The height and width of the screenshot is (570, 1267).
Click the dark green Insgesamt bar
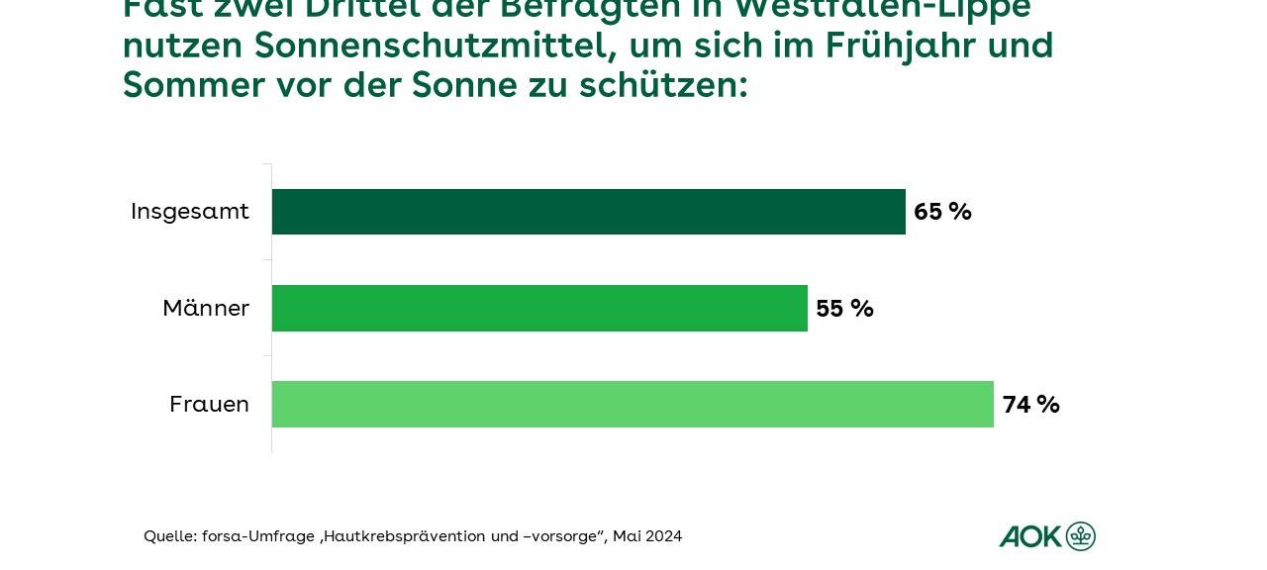pyautogui.click(x=588, y=212)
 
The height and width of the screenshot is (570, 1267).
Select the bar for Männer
pyautogui.click(x=539, y=308)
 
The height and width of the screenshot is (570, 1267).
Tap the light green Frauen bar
pyautogui.click(x=633, y=404)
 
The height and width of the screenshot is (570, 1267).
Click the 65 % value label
pyautogui.click(x=942, y=212)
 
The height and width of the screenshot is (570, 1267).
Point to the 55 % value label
pyautogui.click(x=844, y=309)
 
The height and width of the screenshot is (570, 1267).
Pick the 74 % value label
pyautogui.click(x=1030, y=405)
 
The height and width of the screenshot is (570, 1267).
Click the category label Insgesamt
pyautogui.click(x=190, y=212)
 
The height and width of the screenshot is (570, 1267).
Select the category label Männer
pyautogui.click(x=206, y=309)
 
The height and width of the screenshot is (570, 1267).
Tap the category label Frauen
pyautogui.click(x=209, y=405)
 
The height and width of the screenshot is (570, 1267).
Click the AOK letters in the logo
pyautogui.click(x=1029, y=536)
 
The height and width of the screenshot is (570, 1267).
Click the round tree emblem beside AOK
pyautogui.click(x=1081, y=536)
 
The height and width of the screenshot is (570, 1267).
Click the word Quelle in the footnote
pyautogui.click(x=169, y=536)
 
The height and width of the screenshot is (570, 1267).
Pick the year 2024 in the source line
pyautogui.click(x=663, y=536)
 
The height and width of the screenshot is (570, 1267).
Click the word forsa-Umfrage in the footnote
pyautogui.click(x=258, y=536)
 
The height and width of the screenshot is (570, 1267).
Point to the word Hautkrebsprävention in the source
pyautogui.click(x=404, y=536)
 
